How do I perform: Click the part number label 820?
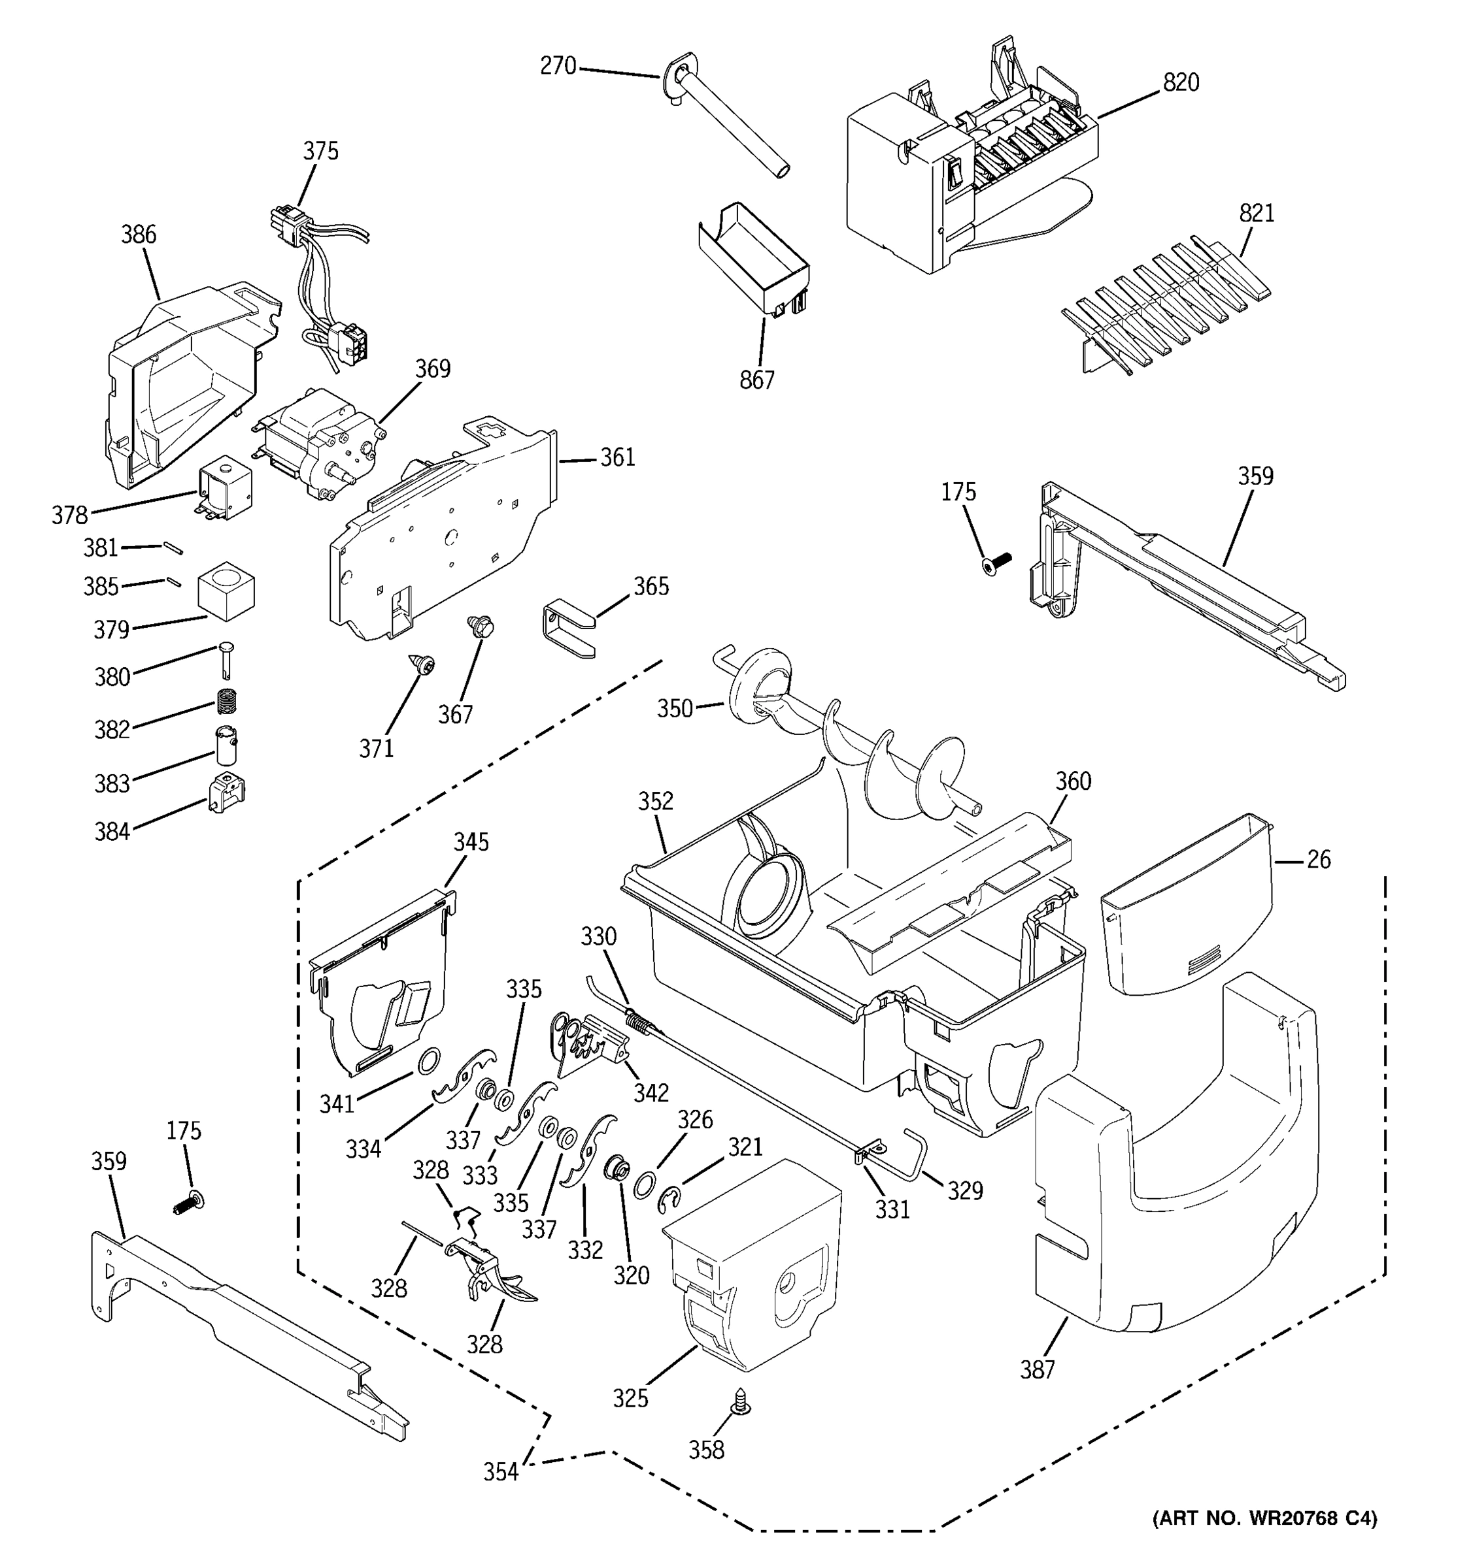(x=1180, y=82)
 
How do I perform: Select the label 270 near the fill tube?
(x=558, y=65)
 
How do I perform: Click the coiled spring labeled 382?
(x=228, y=699)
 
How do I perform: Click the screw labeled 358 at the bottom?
(x=743, y=1401)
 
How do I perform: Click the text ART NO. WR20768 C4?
(x=1264, y=1518)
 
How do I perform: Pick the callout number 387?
(x=1037, y=1370)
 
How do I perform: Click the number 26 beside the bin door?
(x=1318, y=859)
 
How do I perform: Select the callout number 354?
(x=501, y=1472)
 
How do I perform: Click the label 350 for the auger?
(x=675, y=708)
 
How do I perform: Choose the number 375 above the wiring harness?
(x=320, y=151)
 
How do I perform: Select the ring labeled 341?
(x=427, y=1062)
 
